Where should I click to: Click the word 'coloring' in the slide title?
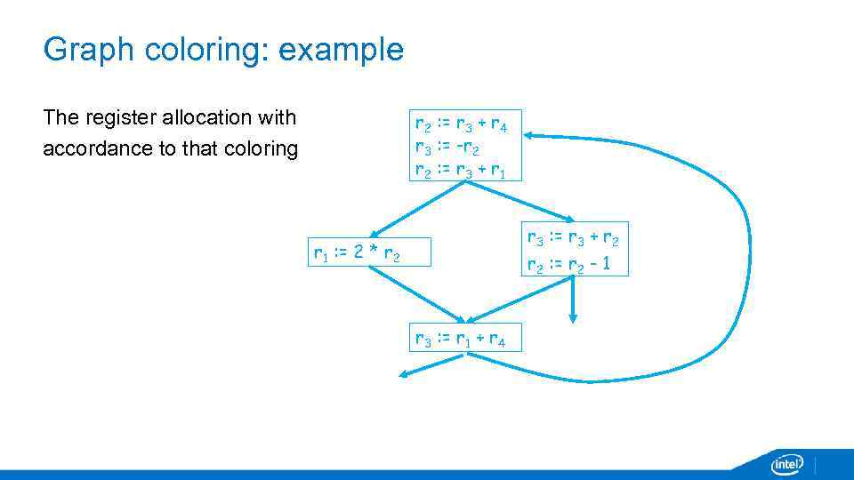pyautogui.click(x=205, y=50)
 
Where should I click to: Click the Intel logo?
pyautogui.click(x=787, y=464)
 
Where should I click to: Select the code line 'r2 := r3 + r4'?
pyautogui.click(x=461, y=124)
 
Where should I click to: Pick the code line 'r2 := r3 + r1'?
pyautogui.click(x=461, y=170)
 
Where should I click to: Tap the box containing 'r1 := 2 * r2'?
pyautogui.click(x=369, y=252)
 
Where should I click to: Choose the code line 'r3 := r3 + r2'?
pyautogui.click(x=573, y=239)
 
